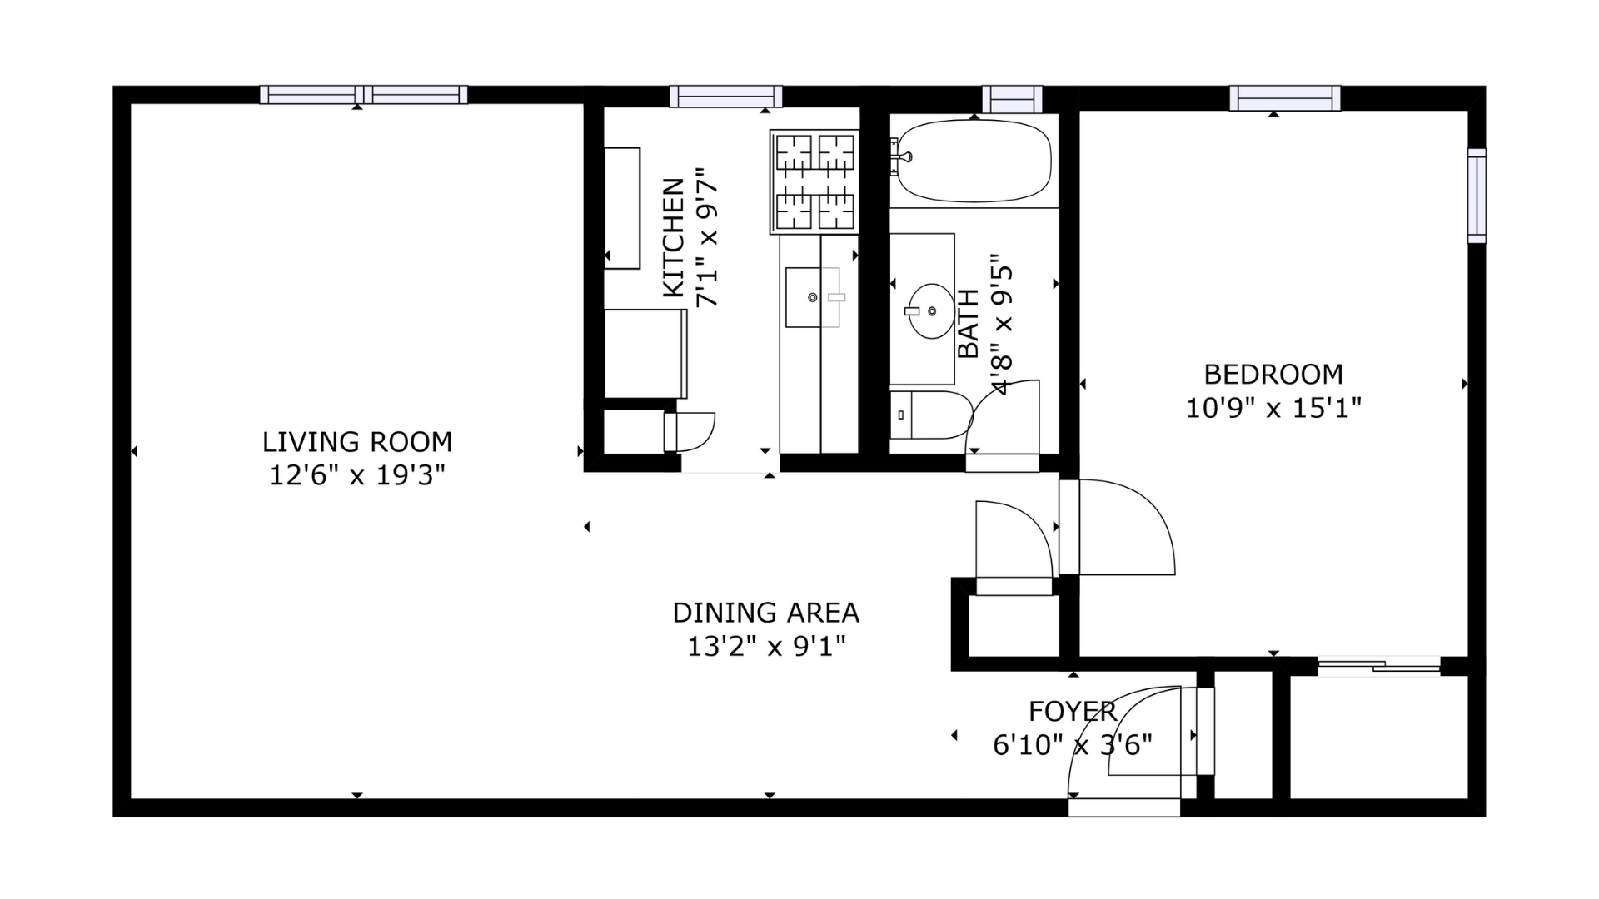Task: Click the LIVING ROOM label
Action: click(357, 441)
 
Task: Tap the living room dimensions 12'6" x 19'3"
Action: click(357, 475)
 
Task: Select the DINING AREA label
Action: click(766, 613)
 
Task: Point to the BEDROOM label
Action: click(1273, 375)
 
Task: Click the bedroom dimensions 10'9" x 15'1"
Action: click(1273, 408)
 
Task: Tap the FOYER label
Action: click(1073, 712)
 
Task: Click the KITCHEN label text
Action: click(674, 237)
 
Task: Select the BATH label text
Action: click(968, 324)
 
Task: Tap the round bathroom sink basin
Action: click(931, 311)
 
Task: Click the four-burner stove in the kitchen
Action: click(814, 181)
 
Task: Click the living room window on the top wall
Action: click(363, 95)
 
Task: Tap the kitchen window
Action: click(726, 97)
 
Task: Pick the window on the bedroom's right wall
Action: click(1477, 196)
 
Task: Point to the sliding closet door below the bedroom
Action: click(1379, 665)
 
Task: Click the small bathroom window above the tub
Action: click(1012, 99)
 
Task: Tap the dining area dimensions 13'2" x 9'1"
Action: click(766, 646)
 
